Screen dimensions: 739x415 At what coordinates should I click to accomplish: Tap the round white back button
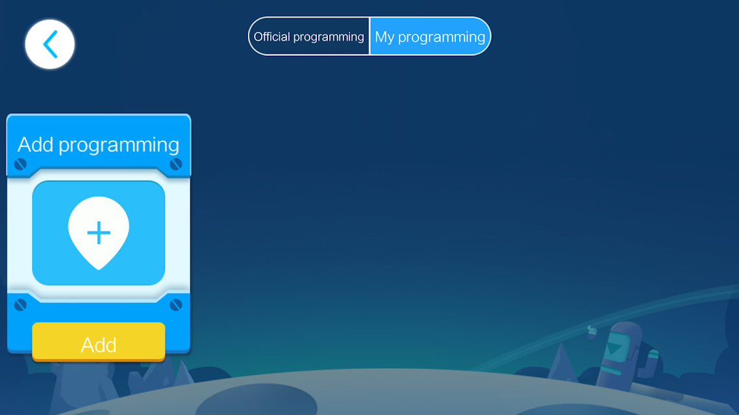click(50, 44)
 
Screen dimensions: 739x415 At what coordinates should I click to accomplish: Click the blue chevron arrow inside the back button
click(50, 44)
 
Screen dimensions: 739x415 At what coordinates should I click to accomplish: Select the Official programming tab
click(308, 36)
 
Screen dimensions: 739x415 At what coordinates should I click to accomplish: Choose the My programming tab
click(430, 36)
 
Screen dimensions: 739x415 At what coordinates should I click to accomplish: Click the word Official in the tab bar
click(271, 36)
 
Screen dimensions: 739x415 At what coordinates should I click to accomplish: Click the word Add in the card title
click(35, 145)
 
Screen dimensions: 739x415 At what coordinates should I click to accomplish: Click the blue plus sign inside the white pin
click(99, 233)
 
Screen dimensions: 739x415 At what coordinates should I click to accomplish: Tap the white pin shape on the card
click(99, 232)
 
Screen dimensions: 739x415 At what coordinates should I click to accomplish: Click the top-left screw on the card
click(20, 164)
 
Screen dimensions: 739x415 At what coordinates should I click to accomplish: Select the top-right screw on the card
click(176, 164)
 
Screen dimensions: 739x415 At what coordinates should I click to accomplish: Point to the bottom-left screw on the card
click(20, 305)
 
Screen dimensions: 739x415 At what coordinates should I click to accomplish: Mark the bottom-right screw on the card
click(176, 305)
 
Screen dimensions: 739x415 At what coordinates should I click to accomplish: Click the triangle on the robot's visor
click(614, 349)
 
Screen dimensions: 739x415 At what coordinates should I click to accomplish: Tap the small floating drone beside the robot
click(592, 331)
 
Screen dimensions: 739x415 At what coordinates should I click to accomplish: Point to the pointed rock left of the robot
click(562, 362)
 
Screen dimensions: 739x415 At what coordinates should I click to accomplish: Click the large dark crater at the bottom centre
click(257, 400)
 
